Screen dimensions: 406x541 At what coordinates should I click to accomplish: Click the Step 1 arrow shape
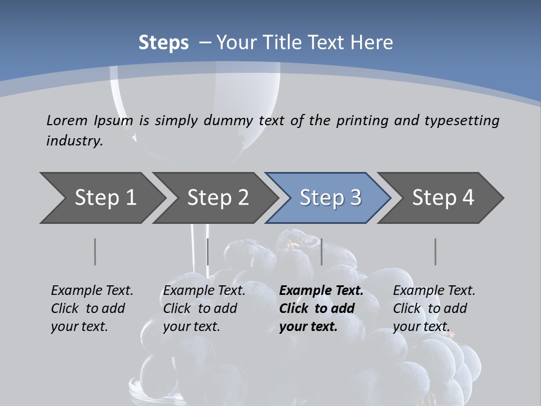coord(105,198)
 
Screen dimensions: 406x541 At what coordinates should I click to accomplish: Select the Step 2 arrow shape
coord(218,198)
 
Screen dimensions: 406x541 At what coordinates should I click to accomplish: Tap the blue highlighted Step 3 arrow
coord(330,198)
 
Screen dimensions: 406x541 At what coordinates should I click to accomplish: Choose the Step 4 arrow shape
coord(443,198)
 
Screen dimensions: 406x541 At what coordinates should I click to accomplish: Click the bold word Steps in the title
coord(163,43)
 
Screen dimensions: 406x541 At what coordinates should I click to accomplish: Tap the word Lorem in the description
coord(67,120)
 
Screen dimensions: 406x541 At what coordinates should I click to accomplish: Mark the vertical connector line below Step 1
coord(95,251)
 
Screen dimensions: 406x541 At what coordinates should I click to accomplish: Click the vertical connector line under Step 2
coord(208,251)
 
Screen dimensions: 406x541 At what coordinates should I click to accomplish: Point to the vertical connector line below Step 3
coord(321,251)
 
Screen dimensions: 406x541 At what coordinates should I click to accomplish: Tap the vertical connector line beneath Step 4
coord(435,251)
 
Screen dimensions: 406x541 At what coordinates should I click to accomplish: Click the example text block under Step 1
coord(92,308)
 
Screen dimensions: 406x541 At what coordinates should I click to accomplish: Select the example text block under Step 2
coord(204,308)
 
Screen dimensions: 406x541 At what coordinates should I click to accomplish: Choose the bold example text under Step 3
coord(321,308)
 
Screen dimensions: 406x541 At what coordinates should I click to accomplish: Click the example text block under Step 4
coord(434,308)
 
